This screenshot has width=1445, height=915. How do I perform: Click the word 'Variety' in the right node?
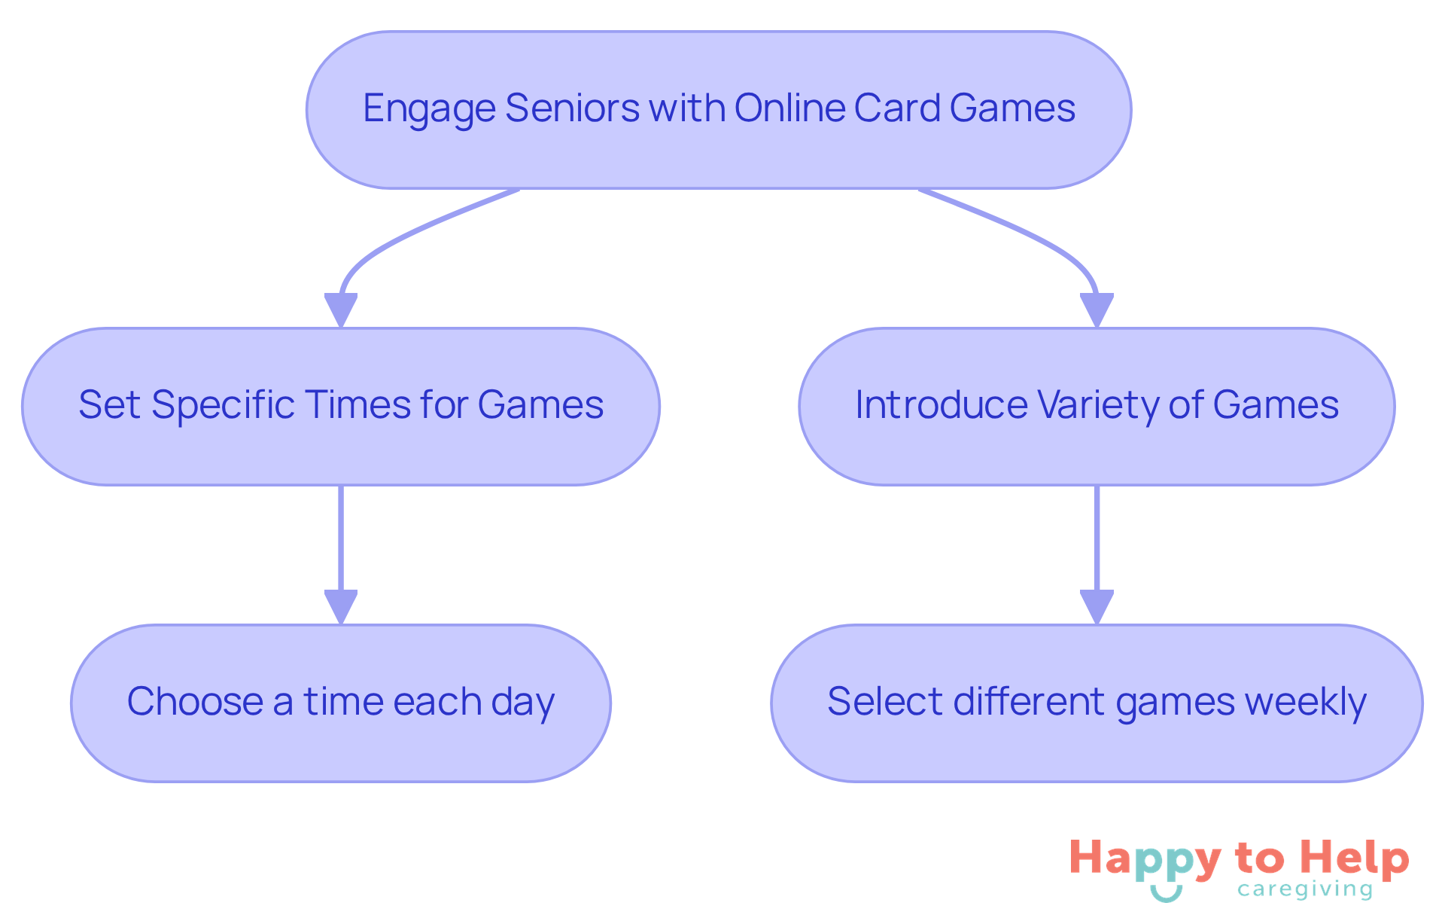point(1098,405)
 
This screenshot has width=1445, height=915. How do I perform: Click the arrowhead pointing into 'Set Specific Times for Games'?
point(341,310)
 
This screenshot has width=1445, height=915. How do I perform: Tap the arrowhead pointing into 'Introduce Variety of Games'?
point(1097,310)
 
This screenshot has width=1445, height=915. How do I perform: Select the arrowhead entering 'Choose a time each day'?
point(341,606)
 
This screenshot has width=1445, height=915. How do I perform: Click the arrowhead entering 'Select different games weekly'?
point(1097,606)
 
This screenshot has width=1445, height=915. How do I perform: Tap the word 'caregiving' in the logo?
point(1305,890)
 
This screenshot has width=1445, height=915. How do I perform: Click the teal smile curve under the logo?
point(1166,895)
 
